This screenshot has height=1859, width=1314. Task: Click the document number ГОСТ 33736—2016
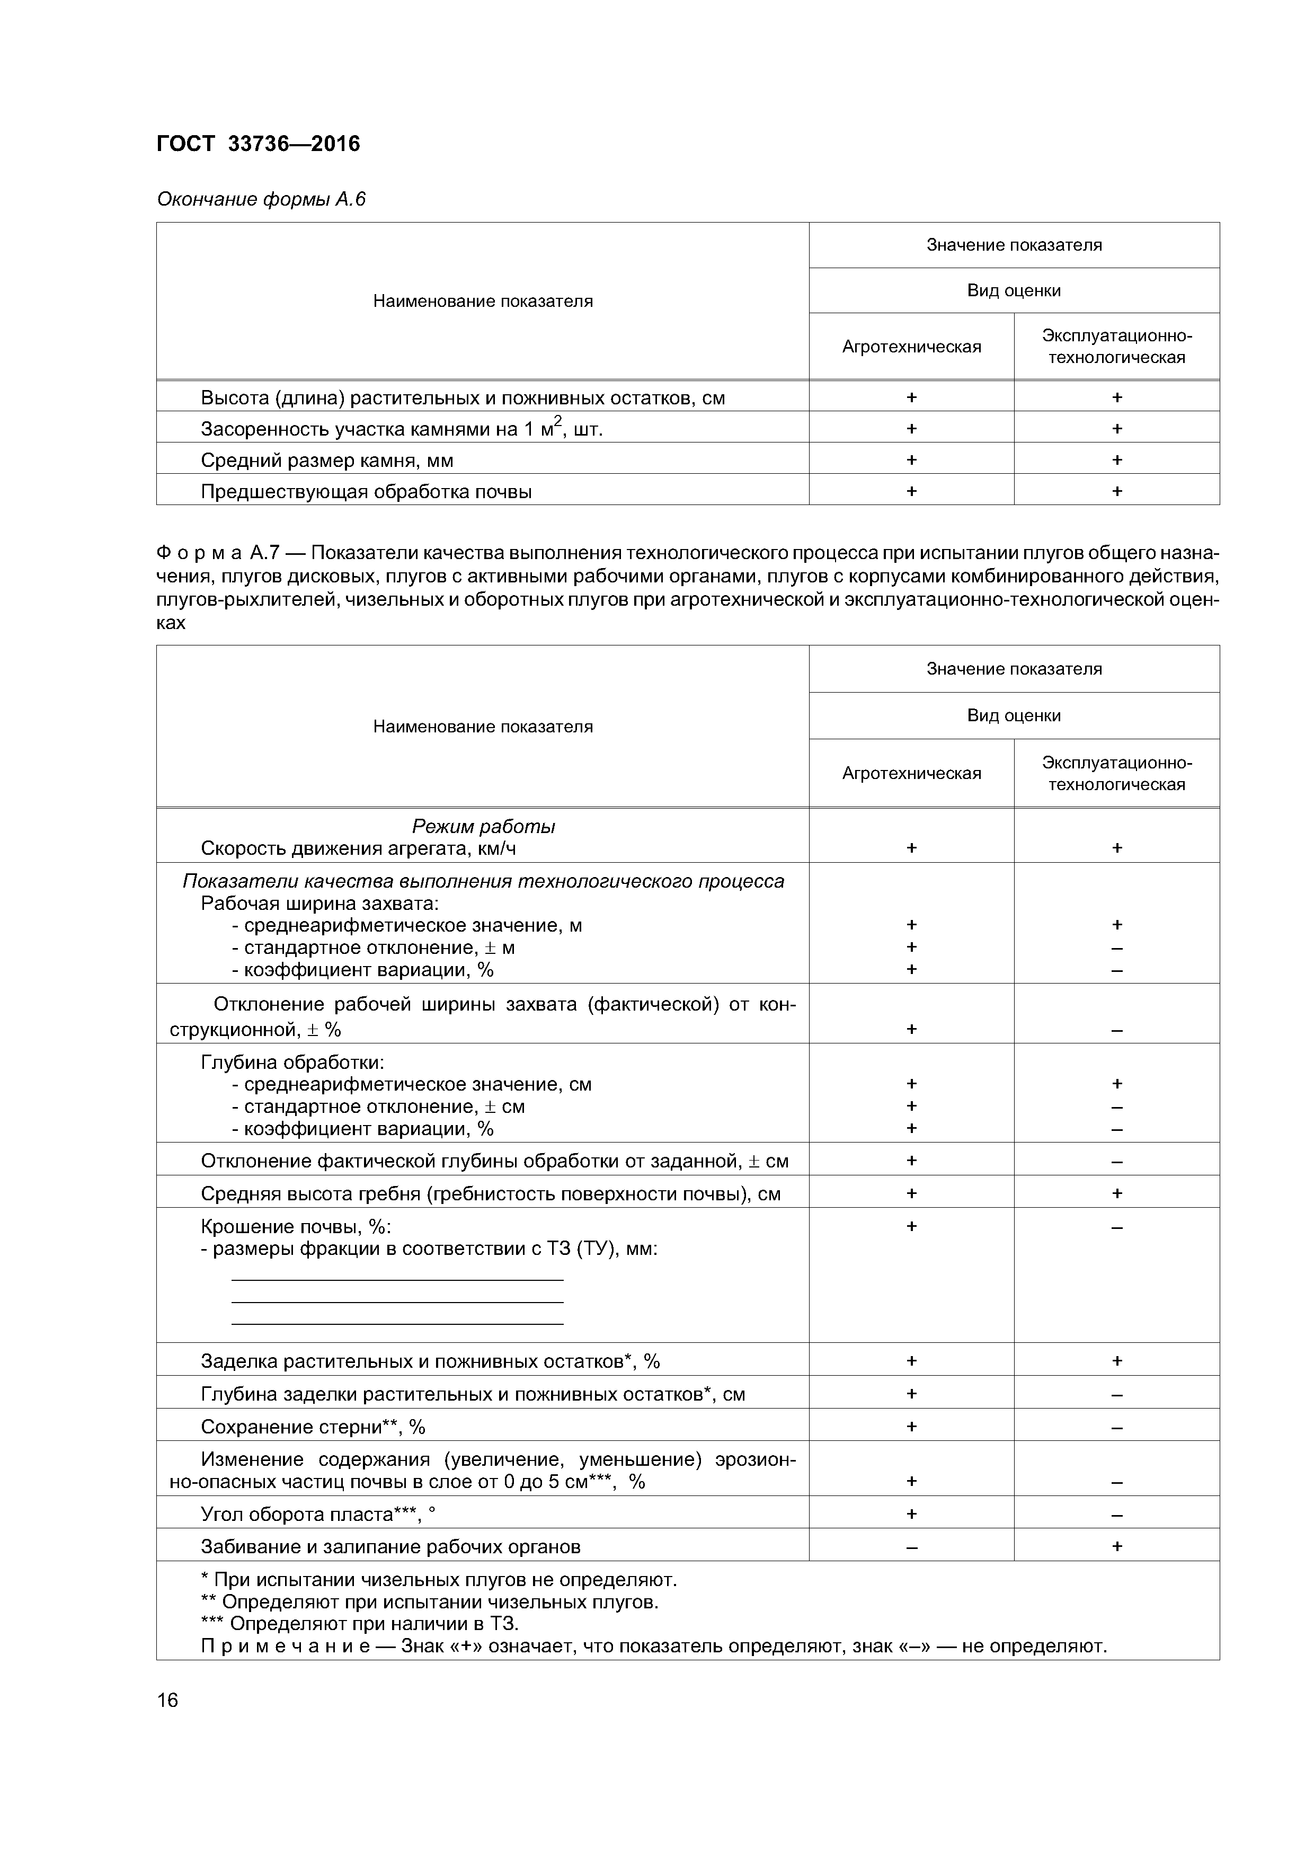pos(258,144)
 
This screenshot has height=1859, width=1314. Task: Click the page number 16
pos(167,1699)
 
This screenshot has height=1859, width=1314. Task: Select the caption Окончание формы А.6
pos(261,199)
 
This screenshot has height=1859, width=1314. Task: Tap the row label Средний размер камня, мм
pos(326,461)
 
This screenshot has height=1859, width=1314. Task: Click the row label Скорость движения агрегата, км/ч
pos(358,848)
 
